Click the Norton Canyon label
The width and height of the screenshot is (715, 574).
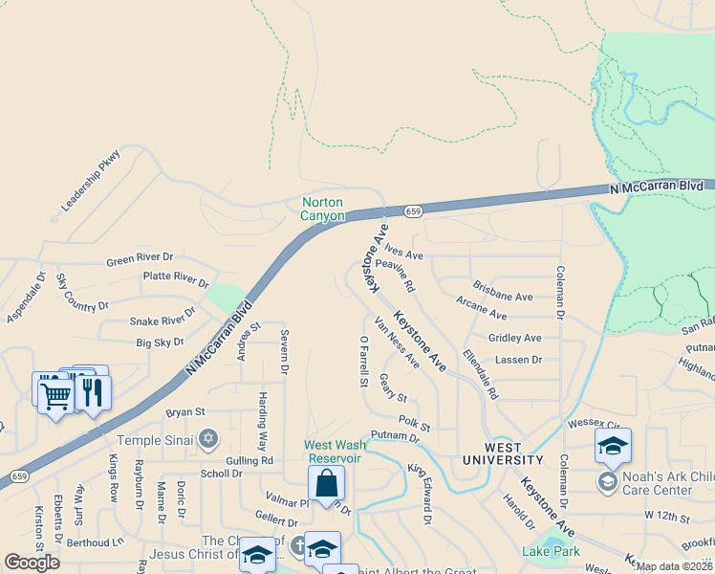click(x=323, y=209)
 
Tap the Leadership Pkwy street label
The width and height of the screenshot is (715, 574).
click(x=92, y=180)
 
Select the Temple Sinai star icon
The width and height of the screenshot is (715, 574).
click(x=208, y=440)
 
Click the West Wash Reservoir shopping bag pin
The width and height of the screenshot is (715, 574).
click(x=326, y=484)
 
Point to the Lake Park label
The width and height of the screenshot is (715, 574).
click(x=545, y=551)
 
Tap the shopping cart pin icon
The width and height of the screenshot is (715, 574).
click(x=55, y=395)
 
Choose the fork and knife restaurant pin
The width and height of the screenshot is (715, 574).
click(x=93, y=393)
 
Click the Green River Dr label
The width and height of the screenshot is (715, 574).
click(x=140, y=259)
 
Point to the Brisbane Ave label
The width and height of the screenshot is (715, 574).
click(x=503, y=297)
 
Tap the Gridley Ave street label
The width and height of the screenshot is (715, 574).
click(x=514, y=338)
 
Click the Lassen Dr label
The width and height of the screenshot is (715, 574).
click(x=517, y=360)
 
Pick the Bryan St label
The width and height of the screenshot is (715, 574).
click(x=185, y=412)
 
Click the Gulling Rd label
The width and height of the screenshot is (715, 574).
click(x=250, y=460)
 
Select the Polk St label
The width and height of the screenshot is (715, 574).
click(x=414, y=422)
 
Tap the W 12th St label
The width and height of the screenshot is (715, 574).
click(x=666, y=516)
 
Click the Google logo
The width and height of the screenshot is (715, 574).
click(x=32, y=563)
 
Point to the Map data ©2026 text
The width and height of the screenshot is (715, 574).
click(x=674, y=565)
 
